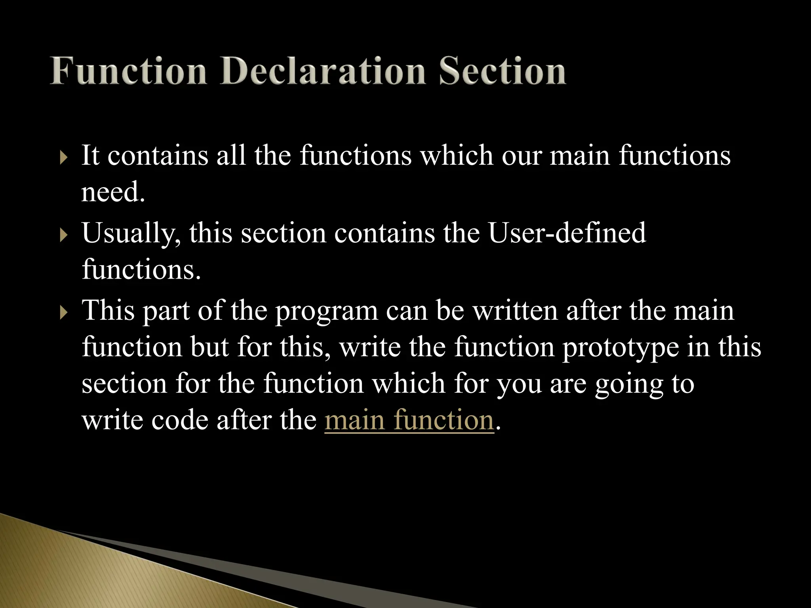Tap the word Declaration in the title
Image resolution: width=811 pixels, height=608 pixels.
pyautogui.click(x=323, y=71)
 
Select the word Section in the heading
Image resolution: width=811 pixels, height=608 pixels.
pyautogui.click(x=502, y=71)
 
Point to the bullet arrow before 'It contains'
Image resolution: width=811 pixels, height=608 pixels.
pyautogui.click(x=64, y=158)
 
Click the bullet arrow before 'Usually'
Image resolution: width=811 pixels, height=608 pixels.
pyautogui.click(x=64, y=236)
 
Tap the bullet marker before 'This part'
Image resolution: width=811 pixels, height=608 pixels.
pyautogui.click(x=64, y=313)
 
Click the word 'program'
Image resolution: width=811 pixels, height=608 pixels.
pyautogui.click(x=326, y=312)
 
